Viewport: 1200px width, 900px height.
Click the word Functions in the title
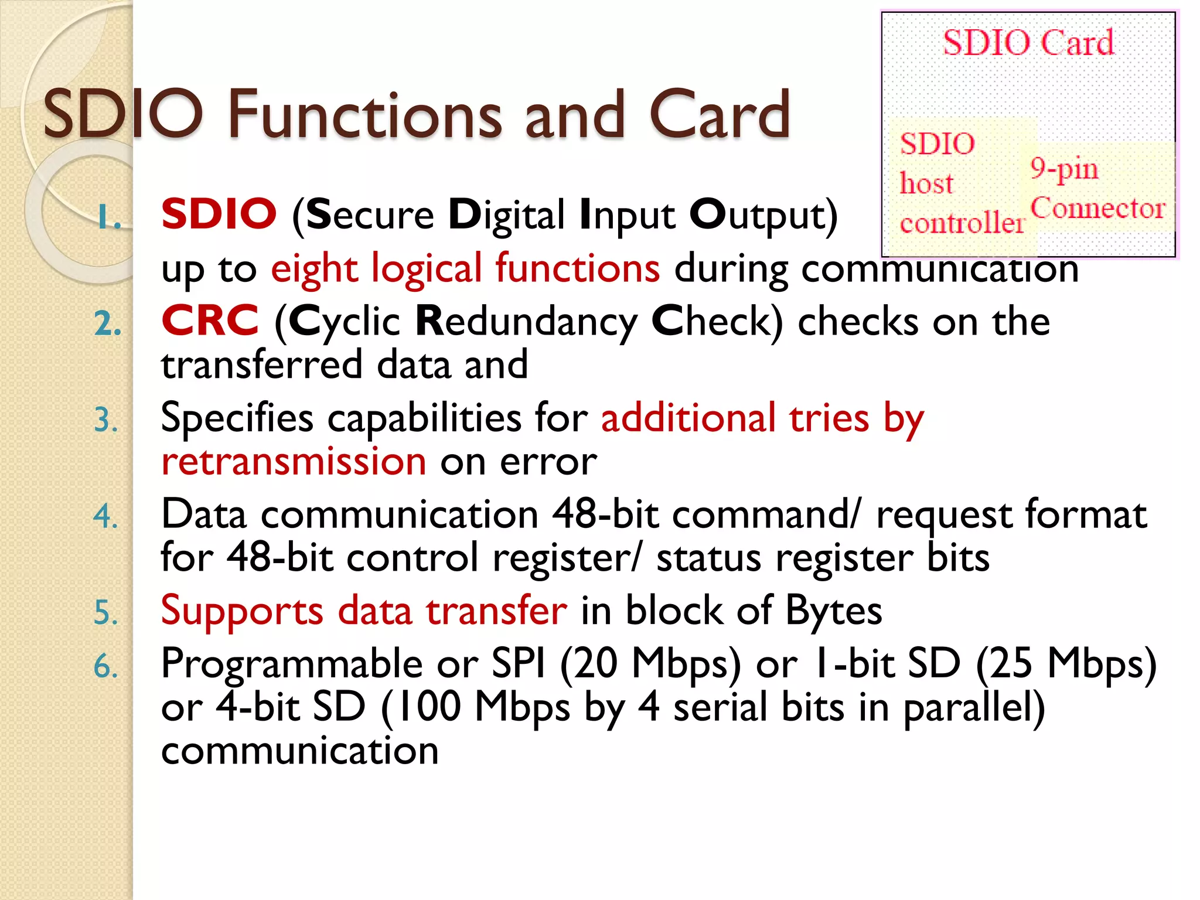coord(364,115)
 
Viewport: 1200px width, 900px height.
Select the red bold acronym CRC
coord(210,321)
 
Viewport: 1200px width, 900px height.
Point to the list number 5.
coord(105,613)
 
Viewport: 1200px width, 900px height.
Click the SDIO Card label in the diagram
coord(1028,43)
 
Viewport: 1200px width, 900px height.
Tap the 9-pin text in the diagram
coord(1064,169)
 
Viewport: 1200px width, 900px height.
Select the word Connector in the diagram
coord(1097,208)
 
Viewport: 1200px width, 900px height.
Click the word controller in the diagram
coord(962,223)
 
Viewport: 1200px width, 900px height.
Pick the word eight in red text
coord(314,269)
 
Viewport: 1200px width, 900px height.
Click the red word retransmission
coord(294,461)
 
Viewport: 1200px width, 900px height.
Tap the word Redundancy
coord(526,322)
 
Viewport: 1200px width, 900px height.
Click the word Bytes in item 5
coord(833,611)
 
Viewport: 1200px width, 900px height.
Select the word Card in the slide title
coord(720,115)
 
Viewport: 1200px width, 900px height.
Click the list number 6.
coord(105,667)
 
